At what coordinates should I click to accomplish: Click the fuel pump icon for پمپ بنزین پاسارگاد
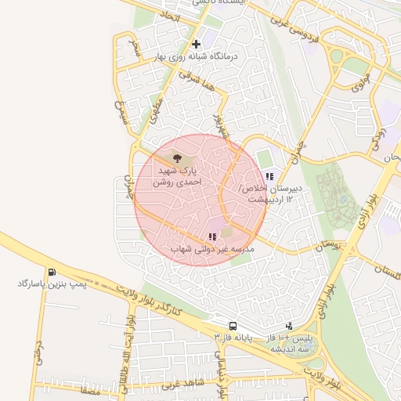click(51, 273)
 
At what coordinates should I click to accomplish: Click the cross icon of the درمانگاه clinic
click(195, 44)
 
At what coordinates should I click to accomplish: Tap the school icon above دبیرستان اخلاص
click(269, 177)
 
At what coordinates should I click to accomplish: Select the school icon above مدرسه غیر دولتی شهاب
click(212, 237)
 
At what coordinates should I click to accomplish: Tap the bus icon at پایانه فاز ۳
click(233, 326)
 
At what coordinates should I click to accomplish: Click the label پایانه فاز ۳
click(235, 337)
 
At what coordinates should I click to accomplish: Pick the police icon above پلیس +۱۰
click(289, 326)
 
